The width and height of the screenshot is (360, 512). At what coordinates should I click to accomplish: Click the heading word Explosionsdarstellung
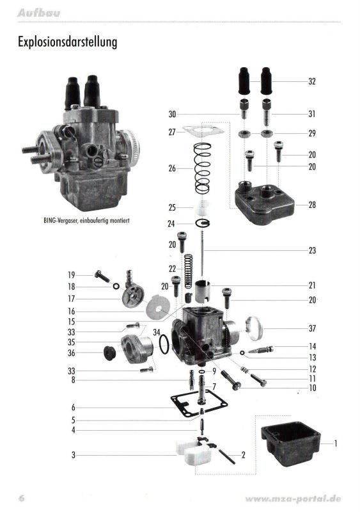pos(67,42)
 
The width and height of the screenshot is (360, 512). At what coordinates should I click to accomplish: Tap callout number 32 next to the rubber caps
pos(312,81)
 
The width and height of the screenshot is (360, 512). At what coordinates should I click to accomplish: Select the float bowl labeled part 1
pos(290,445)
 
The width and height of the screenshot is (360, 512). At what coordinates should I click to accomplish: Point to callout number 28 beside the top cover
pos(312,205)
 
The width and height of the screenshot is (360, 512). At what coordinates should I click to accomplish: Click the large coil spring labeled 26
pos(203,168)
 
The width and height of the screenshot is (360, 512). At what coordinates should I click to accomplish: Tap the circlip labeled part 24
pos(203,223)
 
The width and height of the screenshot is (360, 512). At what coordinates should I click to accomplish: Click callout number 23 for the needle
pos(312,250)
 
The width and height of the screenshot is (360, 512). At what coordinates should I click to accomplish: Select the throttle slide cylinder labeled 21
pos(203,291)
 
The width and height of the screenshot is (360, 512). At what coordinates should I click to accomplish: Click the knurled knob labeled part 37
pos(254,328)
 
